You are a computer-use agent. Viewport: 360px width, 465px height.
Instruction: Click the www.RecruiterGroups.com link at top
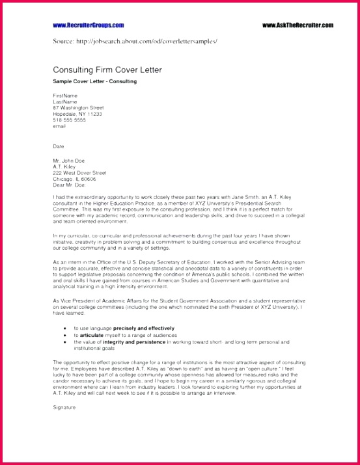coord(89,25)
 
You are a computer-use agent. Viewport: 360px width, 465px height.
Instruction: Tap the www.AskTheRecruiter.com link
coord(298,25)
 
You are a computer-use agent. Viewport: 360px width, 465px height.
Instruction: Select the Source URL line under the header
coord(135,41)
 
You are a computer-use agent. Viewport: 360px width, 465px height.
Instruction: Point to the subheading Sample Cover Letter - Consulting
coord(95,81)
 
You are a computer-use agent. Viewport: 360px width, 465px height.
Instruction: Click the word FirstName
coord(65,96)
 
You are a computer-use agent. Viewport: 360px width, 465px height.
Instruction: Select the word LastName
coord(65,101)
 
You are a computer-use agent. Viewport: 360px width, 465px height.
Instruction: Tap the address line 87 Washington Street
coord(78,107)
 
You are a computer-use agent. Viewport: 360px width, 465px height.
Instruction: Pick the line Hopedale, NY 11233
coord(77,114)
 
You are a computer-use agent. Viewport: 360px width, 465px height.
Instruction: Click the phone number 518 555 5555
coord(70,120)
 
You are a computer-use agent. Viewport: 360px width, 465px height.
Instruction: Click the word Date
coord(59,146)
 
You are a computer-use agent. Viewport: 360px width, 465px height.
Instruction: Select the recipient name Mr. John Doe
coord(70,160)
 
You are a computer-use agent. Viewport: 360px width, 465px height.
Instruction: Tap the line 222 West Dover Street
coord(79,172)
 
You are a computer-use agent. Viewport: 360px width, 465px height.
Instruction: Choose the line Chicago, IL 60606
coord(74,178)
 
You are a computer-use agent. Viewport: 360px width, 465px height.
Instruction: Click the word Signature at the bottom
coord(64,407)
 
